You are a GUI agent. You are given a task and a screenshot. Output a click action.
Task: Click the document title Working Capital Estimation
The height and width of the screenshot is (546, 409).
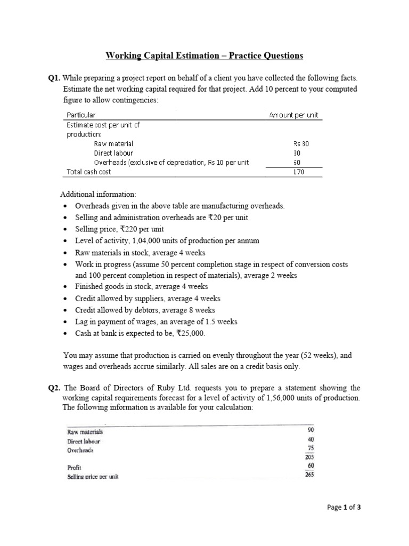click(x=204, y=55)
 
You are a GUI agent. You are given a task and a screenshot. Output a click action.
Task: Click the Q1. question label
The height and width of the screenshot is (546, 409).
click(x=55, y=78)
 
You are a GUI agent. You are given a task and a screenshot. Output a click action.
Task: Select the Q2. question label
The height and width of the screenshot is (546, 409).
click(x=55, y=388)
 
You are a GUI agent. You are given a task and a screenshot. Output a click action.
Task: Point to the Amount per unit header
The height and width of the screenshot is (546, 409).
click(x=294, y=115)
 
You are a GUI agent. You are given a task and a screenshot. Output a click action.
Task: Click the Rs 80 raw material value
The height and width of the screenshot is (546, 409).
click(x=301, y=143)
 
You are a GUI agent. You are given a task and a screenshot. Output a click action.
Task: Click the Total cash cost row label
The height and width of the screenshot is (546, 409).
click(x=88, y=172)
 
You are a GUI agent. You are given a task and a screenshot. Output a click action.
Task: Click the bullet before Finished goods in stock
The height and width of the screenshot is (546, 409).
click(x=65, y=287)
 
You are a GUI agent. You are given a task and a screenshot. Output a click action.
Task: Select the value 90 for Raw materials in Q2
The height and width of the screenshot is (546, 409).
click(x=311, y=430)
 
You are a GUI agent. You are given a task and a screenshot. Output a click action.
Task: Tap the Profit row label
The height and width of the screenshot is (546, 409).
click(x=73, y=467)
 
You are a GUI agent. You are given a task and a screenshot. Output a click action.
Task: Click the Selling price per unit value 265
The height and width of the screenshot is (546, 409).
click(x=309, y=475)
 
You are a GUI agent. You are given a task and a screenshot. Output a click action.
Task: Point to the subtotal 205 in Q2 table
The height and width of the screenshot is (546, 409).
click(x=309, y=456)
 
